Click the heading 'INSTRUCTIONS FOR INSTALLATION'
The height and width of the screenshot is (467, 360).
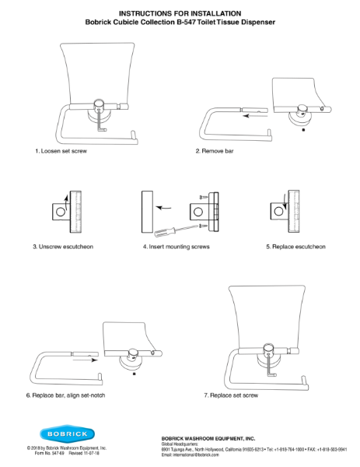pyautogui.click(x=180, y=13)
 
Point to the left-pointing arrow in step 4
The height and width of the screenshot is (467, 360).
pyautogui.click(x=164, y=208)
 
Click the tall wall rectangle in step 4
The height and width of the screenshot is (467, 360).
pyautogui.click(x=146, y=212)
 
